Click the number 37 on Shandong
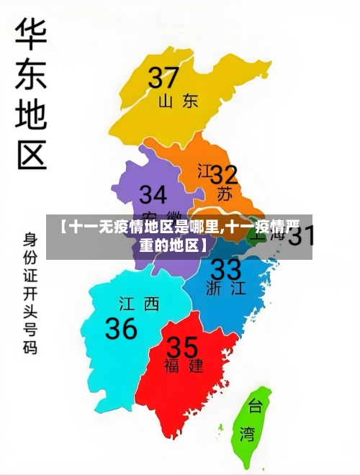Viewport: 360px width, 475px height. [x=163, y=76]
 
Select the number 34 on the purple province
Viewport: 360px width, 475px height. [x=153, y=195]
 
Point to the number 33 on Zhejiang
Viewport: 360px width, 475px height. [x=225, y=270]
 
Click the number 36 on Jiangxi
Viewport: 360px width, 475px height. [x=122, y=328]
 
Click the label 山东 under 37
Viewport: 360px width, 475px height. [x=178, y=101]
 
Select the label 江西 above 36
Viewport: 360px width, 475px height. [x=139, y=304]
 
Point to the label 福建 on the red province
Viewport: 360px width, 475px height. [x=184, y=366]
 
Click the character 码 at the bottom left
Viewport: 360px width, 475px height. [x=30, y=348]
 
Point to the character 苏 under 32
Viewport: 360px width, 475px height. [x=225, y=194]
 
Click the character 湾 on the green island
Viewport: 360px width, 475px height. [x=247, y=434]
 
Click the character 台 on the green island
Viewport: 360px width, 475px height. [x=255, y=407]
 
